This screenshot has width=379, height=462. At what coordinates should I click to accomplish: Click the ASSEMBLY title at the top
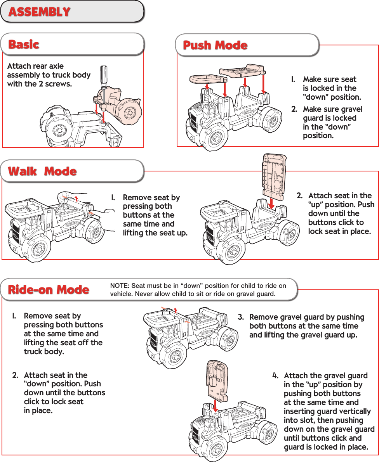point(39,12)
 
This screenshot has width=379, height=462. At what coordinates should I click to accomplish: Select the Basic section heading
point(24,44)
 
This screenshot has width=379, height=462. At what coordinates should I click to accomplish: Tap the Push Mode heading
point(215,45)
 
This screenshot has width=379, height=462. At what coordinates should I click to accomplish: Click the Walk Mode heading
point(43,171)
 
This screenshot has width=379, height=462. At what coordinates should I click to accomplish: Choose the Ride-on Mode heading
point(49,289)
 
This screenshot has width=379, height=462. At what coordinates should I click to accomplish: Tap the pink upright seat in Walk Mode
point(274,175)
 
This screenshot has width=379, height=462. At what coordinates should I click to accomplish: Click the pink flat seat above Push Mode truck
point(243,71)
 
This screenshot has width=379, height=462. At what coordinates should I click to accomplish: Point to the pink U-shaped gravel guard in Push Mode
point(208,78)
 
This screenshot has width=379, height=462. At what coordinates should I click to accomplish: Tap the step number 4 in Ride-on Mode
point(275,375)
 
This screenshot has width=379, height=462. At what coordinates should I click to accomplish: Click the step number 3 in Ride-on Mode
point(240,317)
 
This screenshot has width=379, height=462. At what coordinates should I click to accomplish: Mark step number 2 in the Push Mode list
point(294,109)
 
